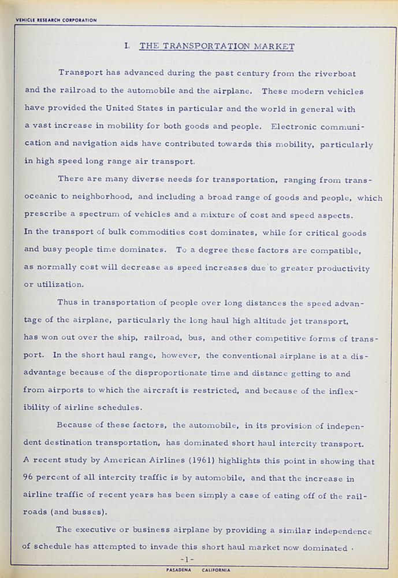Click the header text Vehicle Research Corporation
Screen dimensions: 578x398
pos(49,20)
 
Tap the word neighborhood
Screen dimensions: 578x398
pos(94,198)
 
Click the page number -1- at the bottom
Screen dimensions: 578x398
pos(189,559)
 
